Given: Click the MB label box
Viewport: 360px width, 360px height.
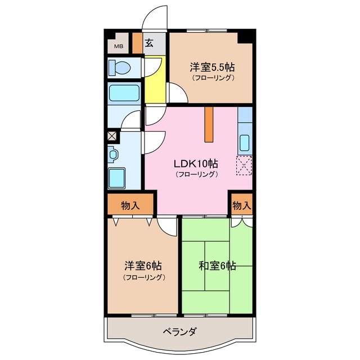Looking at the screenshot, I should coord(119,46).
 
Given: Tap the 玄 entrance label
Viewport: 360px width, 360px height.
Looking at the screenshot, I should coord(150,43).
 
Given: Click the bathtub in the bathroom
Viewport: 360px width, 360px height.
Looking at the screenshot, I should coord(124,93).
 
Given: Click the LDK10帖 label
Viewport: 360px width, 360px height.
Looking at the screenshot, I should coord(196,164).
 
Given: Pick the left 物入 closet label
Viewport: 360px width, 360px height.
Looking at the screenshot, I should coord(130,205).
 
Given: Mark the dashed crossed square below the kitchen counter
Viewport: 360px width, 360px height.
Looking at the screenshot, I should coord(245,166).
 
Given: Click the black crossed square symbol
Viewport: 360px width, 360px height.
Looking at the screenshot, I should coord(112,136).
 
